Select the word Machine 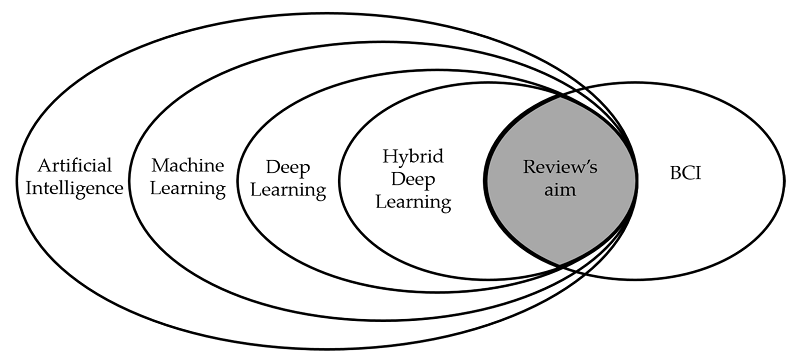(187, 164)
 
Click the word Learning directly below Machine (187, 187)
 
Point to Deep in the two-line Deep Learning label (286, 167)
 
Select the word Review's (560, 167)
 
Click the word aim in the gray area (561, 190)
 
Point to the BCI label (686, 174)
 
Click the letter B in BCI (674, 174)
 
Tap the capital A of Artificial (41, 164)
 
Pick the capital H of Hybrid (388, 156)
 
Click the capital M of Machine (159, 164)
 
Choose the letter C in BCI (687, 174)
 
